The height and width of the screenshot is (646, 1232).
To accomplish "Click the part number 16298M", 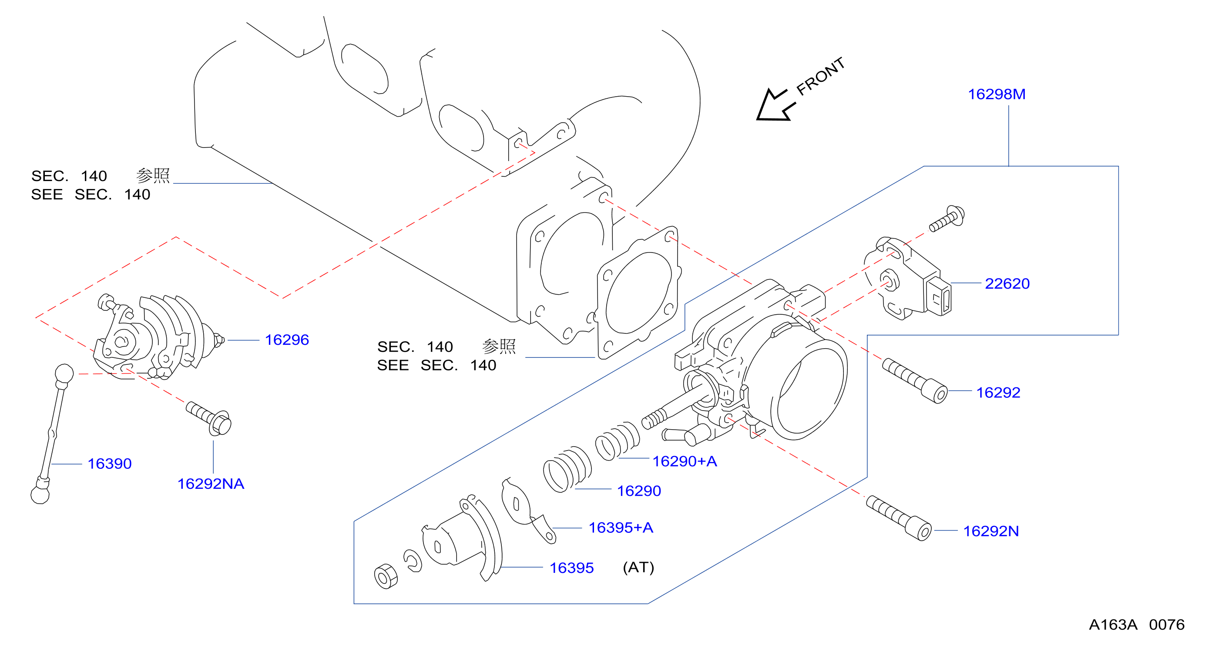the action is point(997,94).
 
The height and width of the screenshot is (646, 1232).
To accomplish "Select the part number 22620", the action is point(1007,284).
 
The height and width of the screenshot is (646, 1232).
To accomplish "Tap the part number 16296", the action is point(287,340).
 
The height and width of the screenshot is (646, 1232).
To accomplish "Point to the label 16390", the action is point(110,464).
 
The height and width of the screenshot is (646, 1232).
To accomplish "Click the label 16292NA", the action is point(211,484).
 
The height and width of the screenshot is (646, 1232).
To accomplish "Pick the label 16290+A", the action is point(685,461).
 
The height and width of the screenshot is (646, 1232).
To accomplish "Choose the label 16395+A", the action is point(621,528).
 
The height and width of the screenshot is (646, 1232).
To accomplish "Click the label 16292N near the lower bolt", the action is point(991,531).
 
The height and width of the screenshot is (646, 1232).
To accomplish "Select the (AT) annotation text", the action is point(638,568).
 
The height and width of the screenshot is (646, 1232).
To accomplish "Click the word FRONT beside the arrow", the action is point(820,76).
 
